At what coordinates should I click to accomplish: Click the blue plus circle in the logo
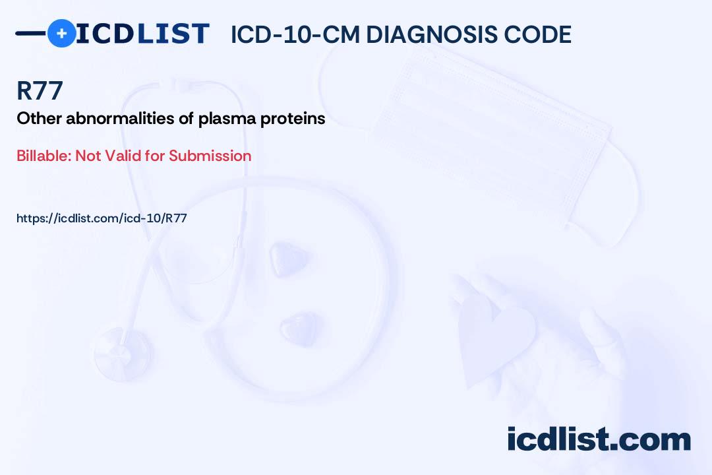pyautogui.click(x=61, y=33)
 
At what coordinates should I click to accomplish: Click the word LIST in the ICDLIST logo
pyautogui.click(x=173, y=34)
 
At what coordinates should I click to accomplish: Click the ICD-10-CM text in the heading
pyautogui.click(x=295, y=34)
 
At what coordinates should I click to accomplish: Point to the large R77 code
pyautogui.click(x=40, y=90)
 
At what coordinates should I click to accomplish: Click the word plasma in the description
pyautogui.click(x=227, y=119)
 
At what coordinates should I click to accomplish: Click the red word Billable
pyautogui.click(x=44, y=156)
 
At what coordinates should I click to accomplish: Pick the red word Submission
pyautogui.click(x=210, y=156)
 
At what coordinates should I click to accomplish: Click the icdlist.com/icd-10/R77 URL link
pyautogui.click(x=102, y=218)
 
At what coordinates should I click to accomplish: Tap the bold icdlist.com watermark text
pyautogui.click(x=599, y=439)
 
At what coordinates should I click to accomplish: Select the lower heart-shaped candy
pyautogui.click(x=299, y=328)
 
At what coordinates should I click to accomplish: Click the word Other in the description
pyautogui.click(x=40, y=118)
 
